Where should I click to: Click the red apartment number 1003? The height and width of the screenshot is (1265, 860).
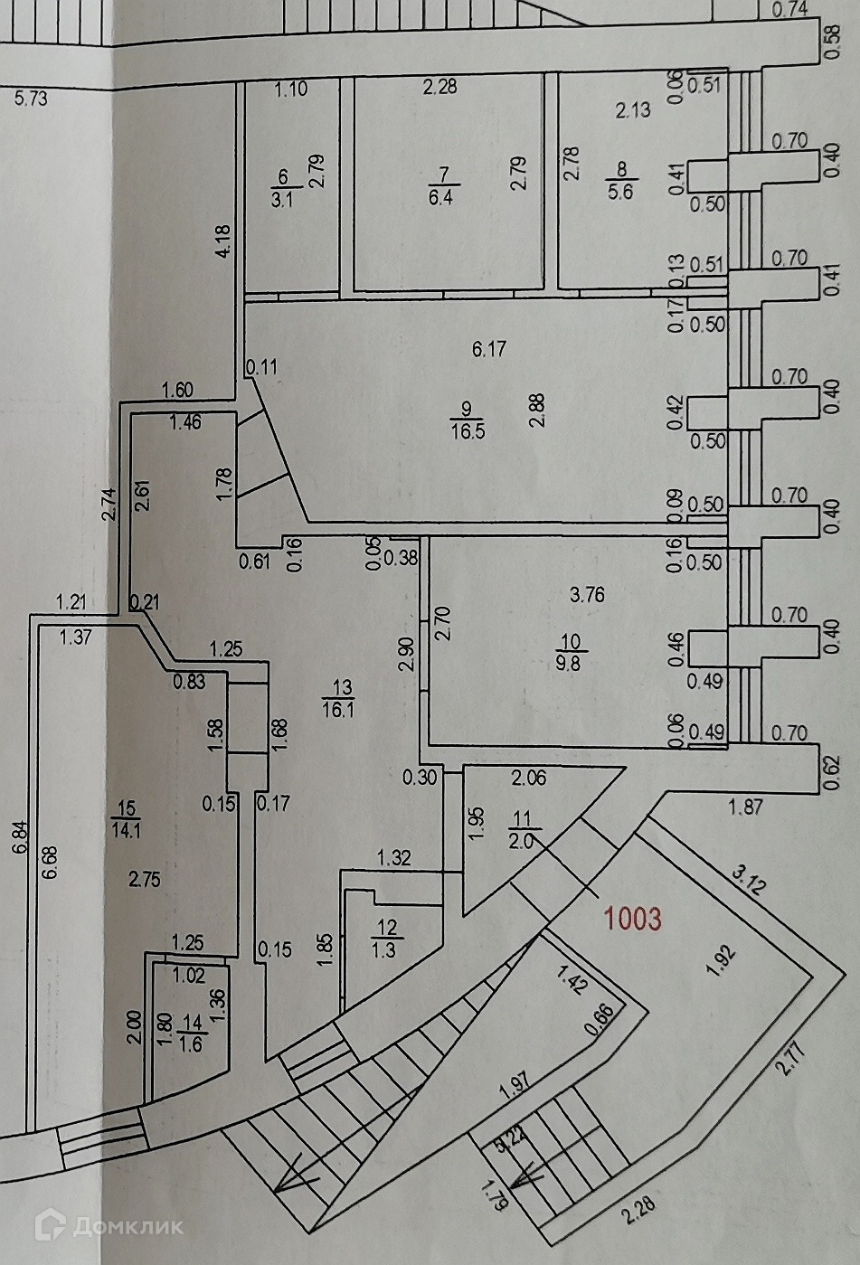click(x=632, y=919)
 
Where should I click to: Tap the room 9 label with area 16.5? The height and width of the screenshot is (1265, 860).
click(x=467, y=420)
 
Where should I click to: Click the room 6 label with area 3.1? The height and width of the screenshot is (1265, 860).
click(x=282, y=188)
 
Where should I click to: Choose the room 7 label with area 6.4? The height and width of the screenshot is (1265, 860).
click(x=440, y=186)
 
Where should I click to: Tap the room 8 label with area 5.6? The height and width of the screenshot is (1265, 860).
click(x=621, y=181)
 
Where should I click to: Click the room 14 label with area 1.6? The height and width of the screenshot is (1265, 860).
click(x=191, y=1033)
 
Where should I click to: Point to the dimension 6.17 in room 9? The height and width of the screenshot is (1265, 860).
click(x=489, y=348)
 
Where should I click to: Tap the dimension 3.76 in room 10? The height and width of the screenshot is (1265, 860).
click(x=587, y=595)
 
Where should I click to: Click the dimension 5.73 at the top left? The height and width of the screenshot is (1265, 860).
click(x=32, y=98)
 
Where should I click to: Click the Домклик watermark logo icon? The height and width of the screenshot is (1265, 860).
click(x=49, y=1225)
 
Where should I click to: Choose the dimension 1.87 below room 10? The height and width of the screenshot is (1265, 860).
click(x=745, y=806)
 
